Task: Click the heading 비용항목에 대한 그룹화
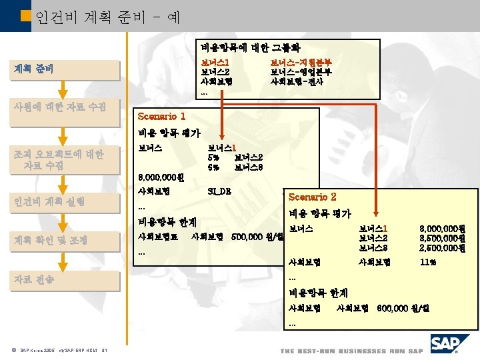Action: [251, 48]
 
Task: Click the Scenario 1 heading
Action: [161, 116]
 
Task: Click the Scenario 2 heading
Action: [312, 197]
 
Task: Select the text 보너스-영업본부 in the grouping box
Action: [301, 72]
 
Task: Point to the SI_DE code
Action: [219, 191]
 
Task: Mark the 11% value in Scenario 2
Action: [428, 262]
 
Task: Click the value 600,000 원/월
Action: [404, 308]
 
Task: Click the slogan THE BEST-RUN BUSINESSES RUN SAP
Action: [351, 351]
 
